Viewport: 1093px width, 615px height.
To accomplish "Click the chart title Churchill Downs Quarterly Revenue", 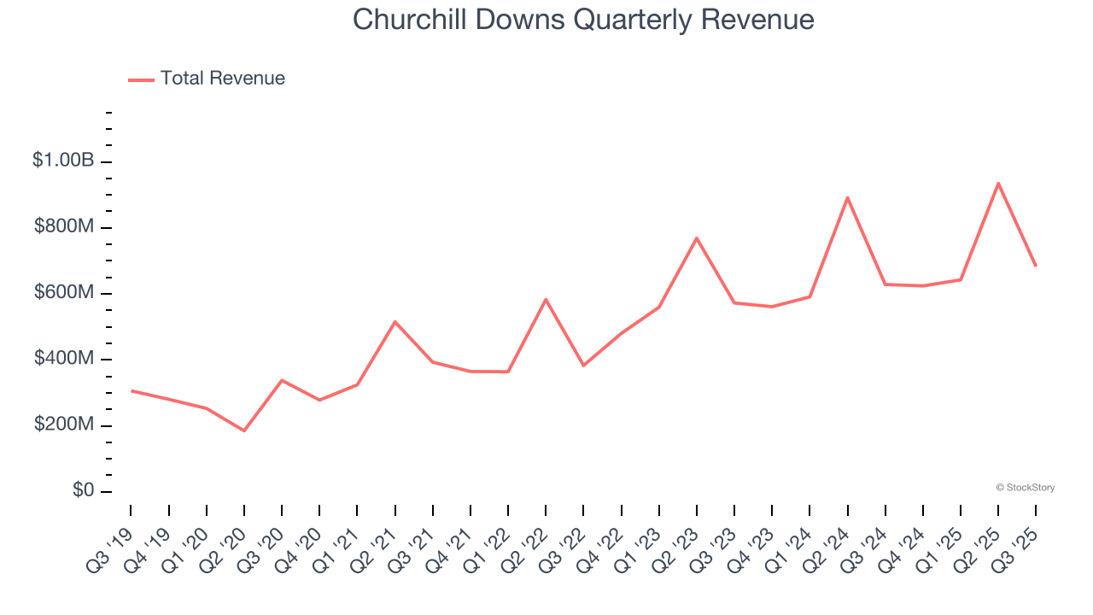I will coord(583,20).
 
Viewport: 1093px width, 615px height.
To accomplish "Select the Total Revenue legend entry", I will coord(222,79).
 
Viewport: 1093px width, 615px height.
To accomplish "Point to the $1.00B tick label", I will coord(63,161).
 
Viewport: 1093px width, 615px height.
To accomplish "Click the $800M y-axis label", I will coord(64,227).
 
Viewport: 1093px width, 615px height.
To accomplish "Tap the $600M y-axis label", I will coord(64,293).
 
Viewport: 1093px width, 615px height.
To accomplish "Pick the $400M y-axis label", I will coord(64,359).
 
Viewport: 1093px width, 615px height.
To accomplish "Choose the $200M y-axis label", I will coord(64,425).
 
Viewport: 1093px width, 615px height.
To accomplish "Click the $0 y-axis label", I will coord(83,491).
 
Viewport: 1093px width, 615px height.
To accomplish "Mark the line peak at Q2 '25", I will coord(997,183).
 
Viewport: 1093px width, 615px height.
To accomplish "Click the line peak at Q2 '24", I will coord(847,197).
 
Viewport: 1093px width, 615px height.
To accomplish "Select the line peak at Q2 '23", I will coord(697,237).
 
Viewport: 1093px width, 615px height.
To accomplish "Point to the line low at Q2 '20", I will coord(244,430).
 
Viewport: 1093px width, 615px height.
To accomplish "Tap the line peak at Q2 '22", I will coord(546,299).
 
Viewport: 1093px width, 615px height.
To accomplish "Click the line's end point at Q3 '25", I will coord(1036,266).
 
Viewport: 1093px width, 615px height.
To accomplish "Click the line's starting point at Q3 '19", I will coord(132,390).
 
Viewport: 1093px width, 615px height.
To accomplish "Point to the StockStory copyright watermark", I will coord(1026,488).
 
